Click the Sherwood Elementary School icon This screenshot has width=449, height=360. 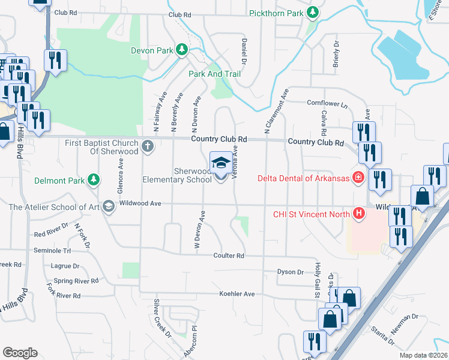click(220, 163)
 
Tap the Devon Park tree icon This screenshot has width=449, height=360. click(182, 50)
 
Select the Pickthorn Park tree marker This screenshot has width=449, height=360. click(312, 13)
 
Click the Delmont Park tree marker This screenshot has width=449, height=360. click(93, 179)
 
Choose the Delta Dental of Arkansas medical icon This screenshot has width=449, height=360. click(358, 178)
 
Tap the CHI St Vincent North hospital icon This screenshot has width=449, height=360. click(359, 213)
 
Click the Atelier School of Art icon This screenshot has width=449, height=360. click(108, 207)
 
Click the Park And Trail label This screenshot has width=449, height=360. click(214, 74)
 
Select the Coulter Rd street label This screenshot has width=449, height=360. click(229, 256)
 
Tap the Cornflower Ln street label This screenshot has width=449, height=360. click(327, 104)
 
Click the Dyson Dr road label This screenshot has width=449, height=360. click(291, 272)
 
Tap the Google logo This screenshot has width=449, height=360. click(20, 353)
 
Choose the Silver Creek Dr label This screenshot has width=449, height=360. click(162, 318)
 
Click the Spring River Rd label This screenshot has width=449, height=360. click(76, 281)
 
